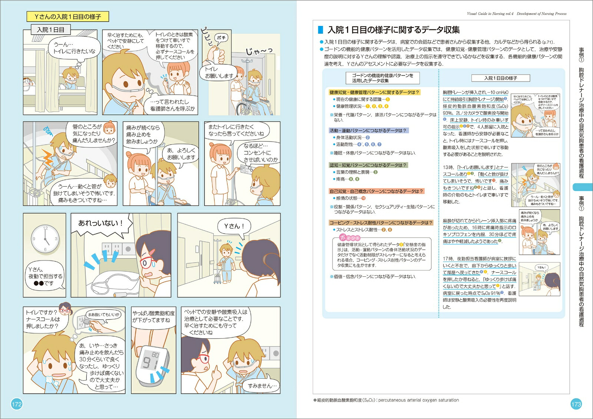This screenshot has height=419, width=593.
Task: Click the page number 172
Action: point(17,404)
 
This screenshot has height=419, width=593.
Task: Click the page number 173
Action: point(576,404)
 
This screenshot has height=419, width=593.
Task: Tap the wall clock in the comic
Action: point(45,239)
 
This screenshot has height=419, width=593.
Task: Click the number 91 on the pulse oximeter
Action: point(150,362)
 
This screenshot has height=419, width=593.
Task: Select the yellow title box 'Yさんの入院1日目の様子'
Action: point(67,17)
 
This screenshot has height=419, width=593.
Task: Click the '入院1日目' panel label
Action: point(51,30)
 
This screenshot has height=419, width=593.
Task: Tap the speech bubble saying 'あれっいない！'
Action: point(100,223)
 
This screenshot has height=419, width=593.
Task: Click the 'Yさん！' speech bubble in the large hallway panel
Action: point(234,226)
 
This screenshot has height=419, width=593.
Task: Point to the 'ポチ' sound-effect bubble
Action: point(221,37)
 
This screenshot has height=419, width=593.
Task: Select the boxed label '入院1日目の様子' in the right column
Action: point(500,78)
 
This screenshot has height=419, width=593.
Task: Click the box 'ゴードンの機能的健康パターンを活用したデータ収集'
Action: point(382,78)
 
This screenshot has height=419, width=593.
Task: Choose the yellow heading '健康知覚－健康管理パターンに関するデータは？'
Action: point(374,92)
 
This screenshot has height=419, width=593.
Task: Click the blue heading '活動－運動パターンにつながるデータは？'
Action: point(368,130)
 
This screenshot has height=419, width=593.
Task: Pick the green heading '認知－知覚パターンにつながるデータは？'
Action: point(368,165)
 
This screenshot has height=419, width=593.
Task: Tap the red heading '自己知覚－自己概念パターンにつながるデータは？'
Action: point(376,191)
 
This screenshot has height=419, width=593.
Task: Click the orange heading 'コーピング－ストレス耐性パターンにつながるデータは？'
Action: point(381,223)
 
